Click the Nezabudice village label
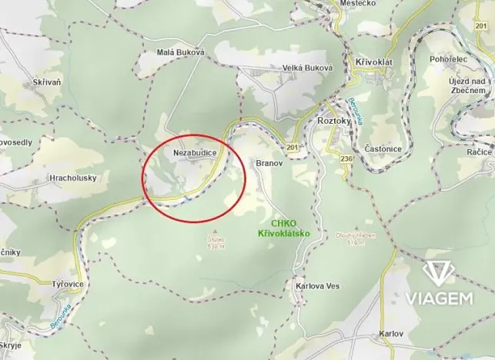(x=193, y=153)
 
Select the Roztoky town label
(x=334, y=122)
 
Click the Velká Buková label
(x=306, y=68)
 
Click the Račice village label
(x=478, y=152)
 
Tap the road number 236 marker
(x=346, y=158)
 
